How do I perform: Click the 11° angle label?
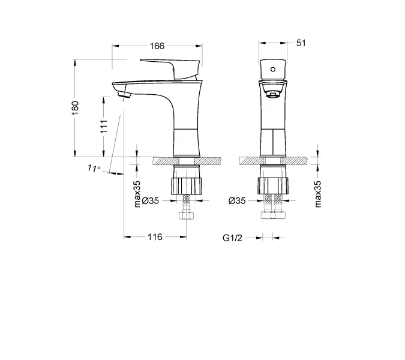click(x=94, y=169)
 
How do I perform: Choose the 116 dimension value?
click(x=155, y=237)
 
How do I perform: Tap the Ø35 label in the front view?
click(x=237, y=201)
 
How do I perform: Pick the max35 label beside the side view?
click(x=137, y=193)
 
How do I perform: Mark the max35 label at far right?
click(x=318, y=193)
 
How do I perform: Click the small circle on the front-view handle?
click(x=273, y=70)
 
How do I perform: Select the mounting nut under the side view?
click(x=187, y=185)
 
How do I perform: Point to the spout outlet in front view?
click(x=273, y=94)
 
